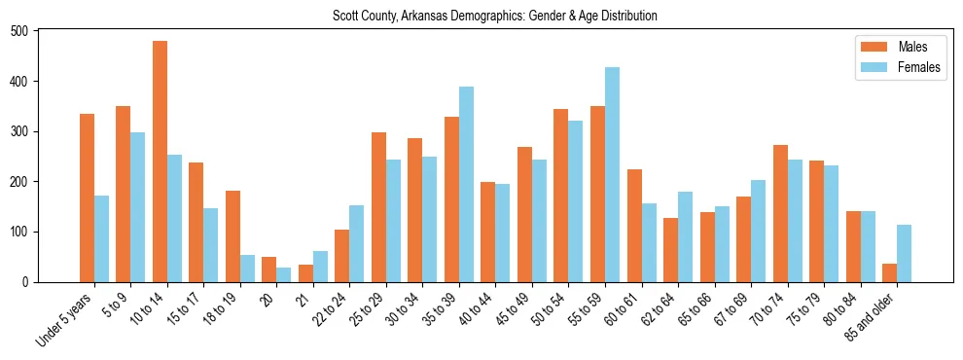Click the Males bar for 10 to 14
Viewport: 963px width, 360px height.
160,162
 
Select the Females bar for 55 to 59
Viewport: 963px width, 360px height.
612,175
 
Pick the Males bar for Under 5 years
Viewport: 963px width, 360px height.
87,198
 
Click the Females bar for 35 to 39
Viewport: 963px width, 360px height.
466,185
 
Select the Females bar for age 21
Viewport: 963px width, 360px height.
320,267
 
